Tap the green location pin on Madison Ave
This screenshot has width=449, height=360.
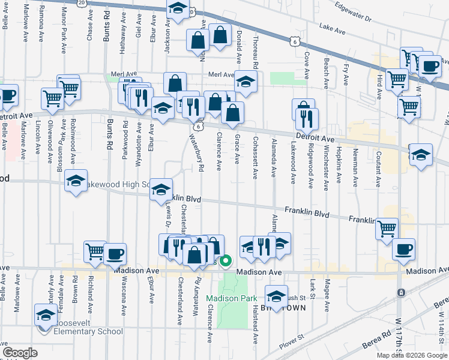(226, 261)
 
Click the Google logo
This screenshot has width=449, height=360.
(20, 353)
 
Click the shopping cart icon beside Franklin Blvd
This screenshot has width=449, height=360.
(387, 228)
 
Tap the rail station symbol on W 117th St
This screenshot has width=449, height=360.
(400, 292)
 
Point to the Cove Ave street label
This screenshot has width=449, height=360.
(307, 65)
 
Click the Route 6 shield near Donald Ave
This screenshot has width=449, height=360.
(292, 41)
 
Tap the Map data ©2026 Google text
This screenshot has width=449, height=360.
(411, 355)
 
